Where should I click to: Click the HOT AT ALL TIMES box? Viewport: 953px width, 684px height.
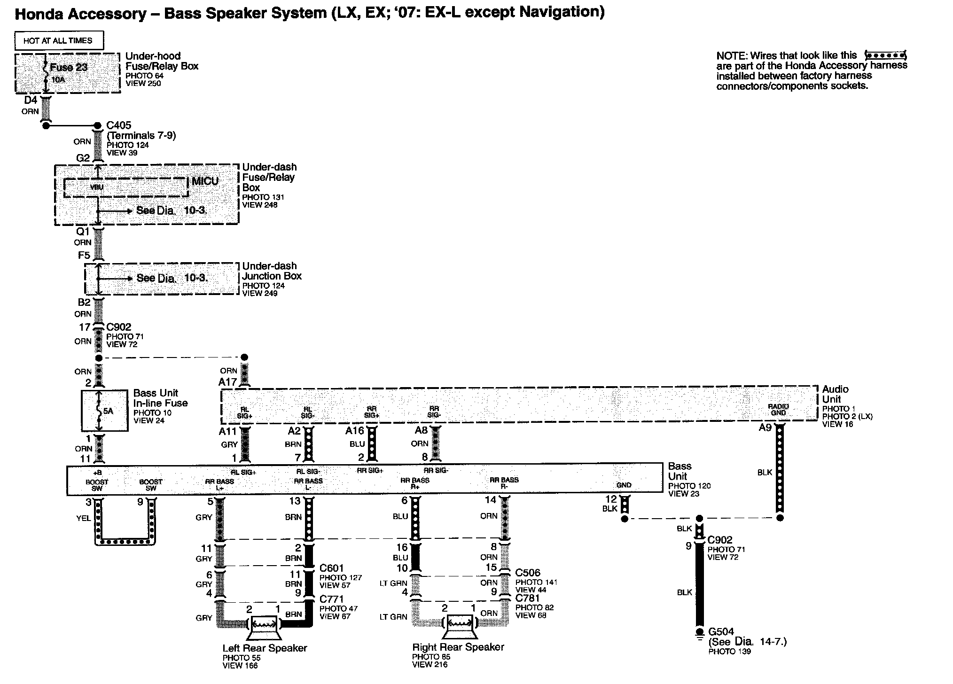58,40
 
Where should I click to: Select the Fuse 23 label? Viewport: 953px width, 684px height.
69,67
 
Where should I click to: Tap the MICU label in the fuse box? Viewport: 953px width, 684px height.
205,181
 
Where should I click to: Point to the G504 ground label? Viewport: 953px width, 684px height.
721,632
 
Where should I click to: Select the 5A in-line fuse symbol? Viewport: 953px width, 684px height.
99,411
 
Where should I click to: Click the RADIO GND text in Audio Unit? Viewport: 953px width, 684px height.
778,409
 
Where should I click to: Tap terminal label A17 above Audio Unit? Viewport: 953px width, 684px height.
227,382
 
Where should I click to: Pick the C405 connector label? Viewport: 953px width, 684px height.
119,125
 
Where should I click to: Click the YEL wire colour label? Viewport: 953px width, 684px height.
83,518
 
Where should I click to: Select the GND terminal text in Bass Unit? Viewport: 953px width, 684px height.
624,485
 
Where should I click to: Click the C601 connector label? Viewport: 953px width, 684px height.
331,568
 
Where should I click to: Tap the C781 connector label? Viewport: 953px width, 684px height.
528,598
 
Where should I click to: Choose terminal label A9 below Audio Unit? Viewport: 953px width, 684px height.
765,427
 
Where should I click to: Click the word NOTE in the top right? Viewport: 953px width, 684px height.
731,56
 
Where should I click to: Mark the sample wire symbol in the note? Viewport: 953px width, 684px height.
885,55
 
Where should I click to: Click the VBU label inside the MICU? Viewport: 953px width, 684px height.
97,187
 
